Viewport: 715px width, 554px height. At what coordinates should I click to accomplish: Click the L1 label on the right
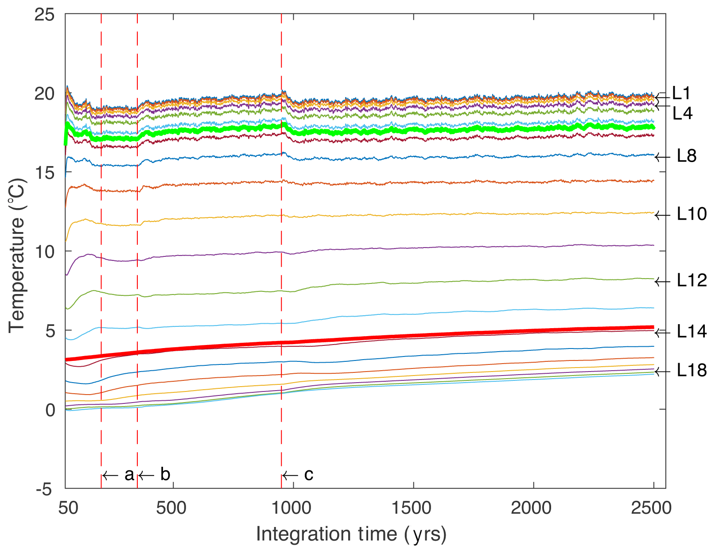tap(681, 93)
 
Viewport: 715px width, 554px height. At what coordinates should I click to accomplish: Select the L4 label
tap(682, 114)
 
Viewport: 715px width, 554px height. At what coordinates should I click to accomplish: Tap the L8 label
tap(687, 156)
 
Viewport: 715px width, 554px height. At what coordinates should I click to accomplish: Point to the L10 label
tap(692, 214)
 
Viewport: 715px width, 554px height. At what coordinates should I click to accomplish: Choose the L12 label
tap(692, 280)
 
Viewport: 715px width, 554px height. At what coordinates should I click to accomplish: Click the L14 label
tap(692, 332)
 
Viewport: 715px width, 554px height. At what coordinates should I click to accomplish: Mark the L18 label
tap(692, 371)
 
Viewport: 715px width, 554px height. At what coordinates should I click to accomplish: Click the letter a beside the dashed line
tap(129, 475)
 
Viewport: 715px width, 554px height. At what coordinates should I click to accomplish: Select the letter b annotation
tap(165, 475)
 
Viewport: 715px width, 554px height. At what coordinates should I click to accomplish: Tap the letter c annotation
tap(309, 475)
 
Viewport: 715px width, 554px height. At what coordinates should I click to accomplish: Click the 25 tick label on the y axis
tap(44, 15)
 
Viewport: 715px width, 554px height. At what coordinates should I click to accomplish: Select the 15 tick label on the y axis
tap(44, 173)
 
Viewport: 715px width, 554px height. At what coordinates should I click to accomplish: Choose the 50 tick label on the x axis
tap(69, 508)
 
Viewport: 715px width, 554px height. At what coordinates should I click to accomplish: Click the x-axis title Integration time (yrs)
tap(351, 535)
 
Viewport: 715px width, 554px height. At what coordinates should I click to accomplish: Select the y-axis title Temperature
tap(17, 256)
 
